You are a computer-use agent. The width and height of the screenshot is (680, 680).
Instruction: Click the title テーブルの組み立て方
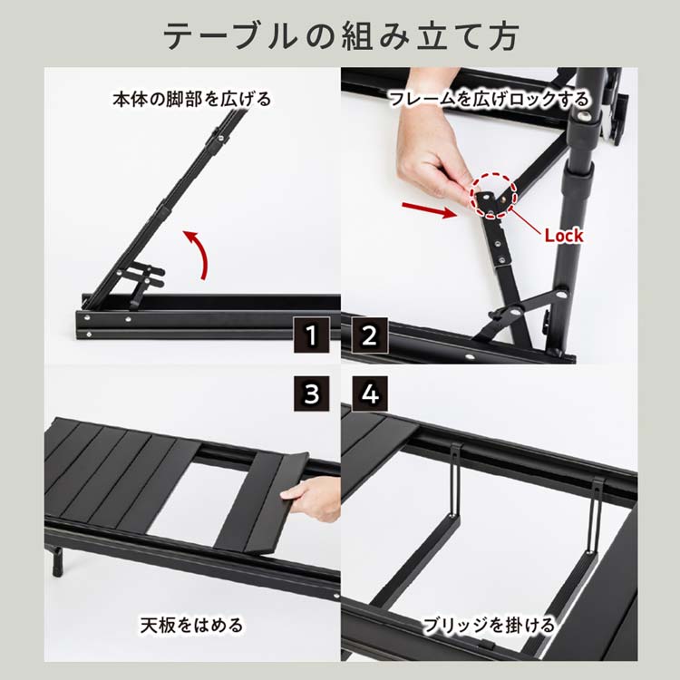pos(340,35)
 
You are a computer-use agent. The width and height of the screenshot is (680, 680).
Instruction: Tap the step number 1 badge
pos(311,336)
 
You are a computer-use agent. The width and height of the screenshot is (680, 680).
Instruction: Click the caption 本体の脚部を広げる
pos(192,99)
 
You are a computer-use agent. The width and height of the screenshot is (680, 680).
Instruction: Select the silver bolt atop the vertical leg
pos(591,117)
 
